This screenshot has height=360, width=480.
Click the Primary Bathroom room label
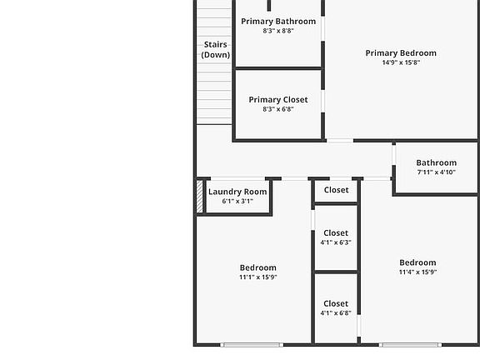point(278,21)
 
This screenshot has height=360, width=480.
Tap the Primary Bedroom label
point(401,53)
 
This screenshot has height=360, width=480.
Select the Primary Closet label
point(278,99)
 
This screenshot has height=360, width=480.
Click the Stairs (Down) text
point(215,49)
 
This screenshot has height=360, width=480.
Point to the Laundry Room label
point(237,192)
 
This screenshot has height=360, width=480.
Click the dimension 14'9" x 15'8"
point(401,62)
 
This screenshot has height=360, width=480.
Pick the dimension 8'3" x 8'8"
point(278,31)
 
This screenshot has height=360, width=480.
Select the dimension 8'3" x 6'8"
point(278,109)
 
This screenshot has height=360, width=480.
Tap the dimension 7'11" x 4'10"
point(437,172)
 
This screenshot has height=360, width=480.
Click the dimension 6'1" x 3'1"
point(237,201)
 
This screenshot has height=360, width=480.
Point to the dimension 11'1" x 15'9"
point(257,277)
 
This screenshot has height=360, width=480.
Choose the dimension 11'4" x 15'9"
point(417,272)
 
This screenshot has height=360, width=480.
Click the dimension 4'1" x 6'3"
point(336,242)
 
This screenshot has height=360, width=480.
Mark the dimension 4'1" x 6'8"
point(336,313)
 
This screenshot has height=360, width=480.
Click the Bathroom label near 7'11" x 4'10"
point(437,162)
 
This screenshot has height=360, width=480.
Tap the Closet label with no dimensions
point(336,190)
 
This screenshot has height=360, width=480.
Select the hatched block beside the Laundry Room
point(199,197)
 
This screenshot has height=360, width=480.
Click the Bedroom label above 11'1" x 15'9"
point(257,267)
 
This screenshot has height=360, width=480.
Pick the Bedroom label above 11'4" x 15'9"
point(417,262)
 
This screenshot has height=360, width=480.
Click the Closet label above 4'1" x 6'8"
point(336,303)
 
